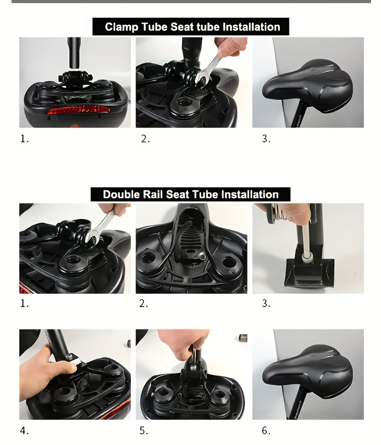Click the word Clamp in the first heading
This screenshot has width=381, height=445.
click(120, 27)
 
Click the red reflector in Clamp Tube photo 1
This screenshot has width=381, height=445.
click(78, 110)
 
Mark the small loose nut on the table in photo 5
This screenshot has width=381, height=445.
click(242, 338)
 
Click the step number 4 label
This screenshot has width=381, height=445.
click(24, 431)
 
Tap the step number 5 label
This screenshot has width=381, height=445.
click(143, 431)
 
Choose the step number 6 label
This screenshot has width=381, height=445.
click(266, 431)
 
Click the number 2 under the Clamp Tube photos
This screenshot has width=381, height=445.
click(144, 139)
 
